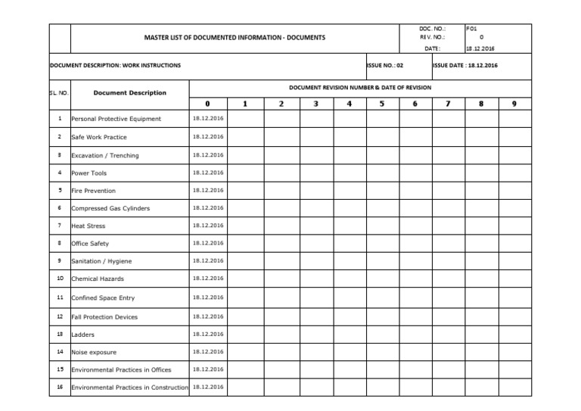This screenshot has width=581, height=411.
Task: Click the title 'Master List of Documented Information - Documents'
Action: pyautogui.click(x=235, y=37)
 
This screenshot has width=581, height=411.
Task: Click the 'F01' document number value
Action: pyautogui.click(x=473, y=28)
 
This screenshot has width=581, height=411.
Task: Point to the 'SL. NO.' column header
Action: pyautogui.click(x=58, y=93)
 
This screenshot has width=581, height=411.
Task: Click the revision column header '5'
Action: pyautogui.click(x=382, y=104)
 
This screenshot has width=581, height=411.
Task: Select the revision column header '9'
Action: pyautogui.click(x=514, y=104)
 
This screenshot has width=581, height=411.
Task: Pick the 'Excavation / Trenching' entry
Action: pyautogui.click(x=105, y=155)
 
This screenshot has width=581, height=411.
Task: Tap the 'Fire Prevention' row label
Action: pyautogui.click(x=93, y=191)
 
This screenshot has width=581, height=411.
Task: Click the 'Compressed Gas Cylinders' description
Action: pyautogui.click(x=110, y=208)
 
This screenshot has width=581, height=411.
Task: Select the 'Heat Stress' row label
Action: pyautogui.click(x=88, y=226)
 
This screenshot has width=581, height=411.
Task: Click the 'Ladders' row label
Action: pyautogui.click(x=83, y=334)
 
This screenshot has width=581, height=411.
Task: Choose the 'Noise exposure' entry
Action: pyautogui.click(x=94, y=352)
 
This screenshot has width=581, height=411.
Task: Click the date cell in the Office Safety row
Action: pyautogui.click(x=207, y=243)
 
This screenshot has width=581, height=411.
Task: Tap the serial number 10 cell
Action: pyautogui.click(x=59, y=279)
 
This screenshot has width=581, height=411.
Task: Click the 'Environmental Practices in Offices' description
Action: pyautogui.click(x=121, y=370)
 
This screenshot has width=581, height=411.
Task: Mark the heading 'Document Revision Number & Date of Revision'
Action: pyautogui.click(x=360, y=88)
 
